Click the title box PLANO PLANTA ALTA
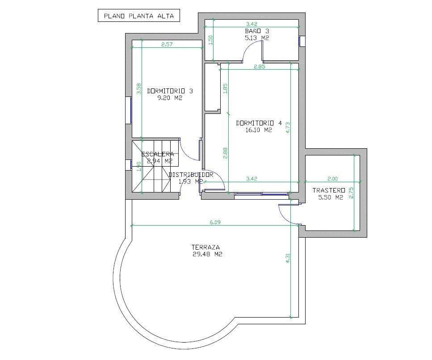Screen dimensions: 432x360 139,16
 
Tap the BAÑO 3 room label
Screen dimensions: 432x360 257,31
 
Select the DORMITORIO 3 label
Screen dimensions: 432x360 170,91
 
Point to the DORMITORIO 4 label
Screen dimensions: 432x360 259,123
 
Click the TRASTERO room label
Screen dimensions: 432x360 329,190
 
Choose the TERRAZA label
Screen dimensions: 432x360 206,247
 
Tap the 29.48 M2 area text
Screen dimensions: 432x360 207,255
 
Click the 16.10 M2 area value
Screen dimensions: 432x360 259,130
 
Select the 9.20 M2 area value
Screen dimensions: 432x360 170,98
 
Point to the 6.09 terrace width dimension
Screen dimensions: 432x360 215,222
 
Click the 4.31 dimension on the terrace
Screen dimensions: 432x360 288,258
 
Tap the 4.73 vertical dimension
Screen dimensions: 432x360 288,128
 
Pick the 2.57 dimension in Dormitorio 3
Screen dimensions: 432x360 167,44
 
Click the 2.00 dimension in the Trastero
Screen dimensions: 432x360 332,179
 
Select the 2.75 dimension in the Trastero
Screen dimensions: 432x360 351,193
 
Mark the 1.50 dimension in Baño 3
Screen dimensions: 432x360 211,40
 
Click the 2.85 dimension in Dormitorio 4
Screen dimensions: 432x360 260,67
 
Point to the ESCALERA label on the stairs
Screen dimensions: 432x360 158,154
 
